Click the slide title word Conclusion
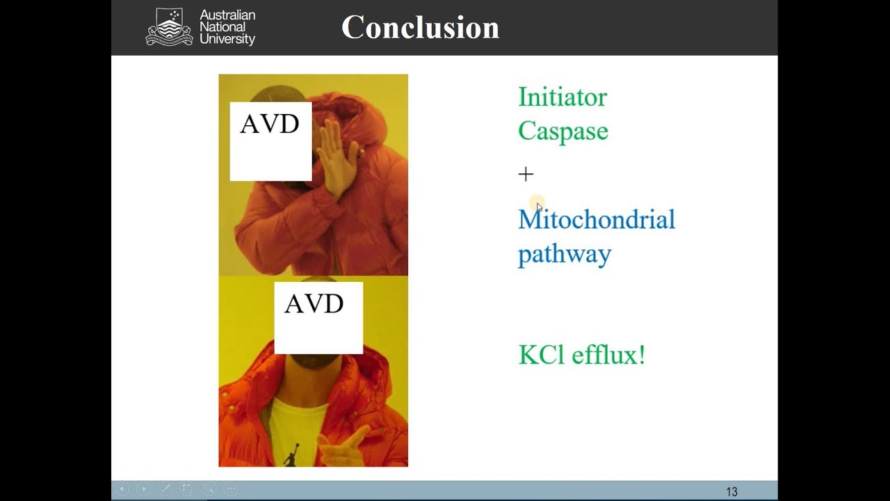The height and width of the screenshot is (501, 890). point(420,28)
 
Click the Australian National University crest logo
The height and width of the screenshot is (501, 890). point(169,27)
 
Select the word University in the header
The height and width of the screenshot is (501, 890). point(227,40)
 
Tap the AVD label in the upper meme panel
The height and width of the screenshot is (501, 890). point(270,125)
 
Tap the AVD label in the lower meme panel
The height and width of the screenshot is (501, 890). point(314,304)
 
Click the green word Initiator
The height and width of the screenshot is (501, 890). point(562,97)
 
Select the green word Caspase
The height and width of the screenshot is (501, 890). point(563,131)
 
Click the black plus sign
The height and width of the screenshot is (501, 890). point(526,174)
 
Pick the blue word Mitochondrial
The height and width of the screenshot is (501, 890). point(596,220)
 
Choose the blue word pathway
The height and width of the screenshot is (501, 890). point(564,254)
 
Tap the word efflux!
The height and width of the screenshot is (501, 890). point(608,355)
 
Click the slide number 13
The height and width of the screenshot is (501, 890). point(731,492)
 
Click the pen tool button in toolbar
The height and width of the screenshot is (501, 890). point(165,489)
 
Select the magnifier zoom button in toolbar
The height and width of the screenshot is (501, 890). point(209,489)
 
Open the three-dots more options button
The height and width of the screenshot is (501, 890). point(231,489)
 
